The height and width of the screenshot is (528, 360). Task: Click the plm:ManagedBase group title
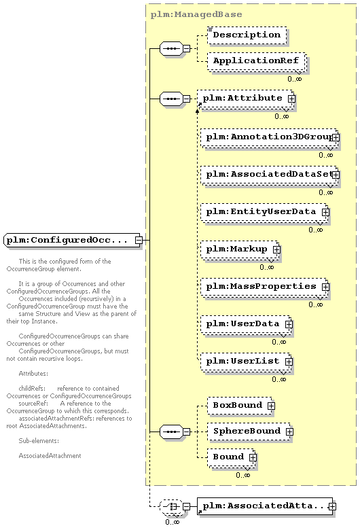tap(196, 14)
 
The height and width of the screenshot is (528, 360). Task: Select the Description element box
tap(247, 35)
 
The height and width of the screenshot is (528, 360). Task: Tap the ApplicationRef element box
tap(256, 61)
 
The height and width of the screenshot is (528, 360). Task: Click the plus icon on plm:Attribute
tap(291, 99)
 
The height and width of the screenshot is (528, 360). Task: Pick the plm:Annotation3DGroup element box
tap(269, 137)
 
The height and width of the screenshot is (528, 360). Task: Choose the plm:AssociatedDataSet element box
tap(269, 175)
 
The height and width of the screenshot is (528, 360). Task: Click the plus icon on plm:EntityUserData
tap(325, 212)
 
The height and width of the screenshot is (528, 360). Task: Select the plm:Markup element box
tap(240, 249)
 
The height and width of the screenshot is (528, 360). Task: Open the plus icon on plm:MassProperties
tap(325, 287)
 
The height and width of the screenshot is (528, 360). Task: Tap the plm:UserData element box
tap(246, 324)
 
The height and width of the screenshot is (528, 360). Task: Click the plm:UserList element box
tap(246, 362)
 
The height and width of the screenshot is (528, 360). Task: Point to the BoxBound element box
tap(240, 406)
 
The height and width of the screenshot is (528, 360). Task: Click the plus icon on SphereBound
tap(289, 432)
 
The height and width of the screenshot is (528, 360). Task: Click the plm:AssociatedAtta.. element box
tap(265, 506)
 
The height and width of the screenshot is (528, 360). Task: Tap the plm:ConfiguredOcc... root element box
tap(72, 240)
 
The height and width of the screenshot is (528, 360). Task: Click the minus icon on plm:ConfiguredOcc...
tap(139, 240)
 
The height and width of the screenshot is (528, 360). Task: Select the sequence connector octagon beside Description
tap(171, 48)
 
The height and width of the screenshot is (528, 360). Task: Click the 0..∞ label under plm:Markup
tap(266, 267)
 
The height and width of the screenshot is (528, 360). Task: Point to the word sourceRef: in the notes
tap(33, 404)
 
